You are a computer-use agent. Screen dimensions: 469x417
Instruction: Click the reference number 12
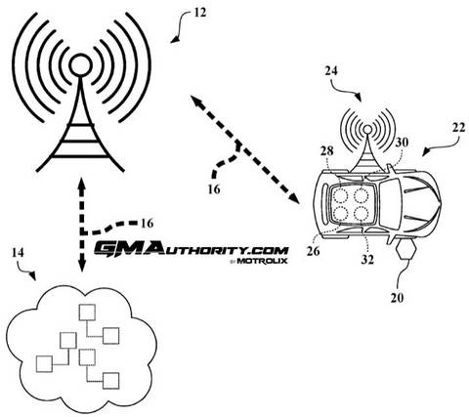tap(200, 13)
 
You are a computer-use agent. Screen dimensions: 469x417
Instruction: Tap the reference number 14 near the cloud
tap(18, 253)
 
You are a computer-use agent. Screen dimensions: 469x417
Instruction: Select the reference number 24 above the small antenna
tap(331, 71)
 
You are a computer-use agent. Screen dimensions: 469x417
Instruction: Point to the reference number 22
tap(458, 128)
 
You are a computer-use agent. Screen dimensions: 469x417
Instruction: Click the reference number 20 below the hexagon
tap(397, 298)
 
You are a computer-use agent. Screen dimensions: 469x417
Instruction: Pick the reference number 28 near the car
tap(326, 150)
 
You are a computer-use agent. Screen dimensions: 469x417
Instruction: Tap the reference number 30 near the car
tap(402, 143)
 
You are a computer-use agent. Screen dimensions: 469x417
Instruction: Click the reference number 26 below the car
tap(313, 251)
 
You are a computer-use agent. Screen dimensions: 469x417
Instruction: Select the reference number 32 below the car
tap(367, 260)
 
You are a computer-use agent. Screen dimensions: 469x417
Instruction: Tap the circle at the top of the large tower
tap(79, 65)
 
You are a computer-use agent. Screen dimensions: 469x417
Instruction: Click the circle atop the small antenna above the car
tap(367, 130)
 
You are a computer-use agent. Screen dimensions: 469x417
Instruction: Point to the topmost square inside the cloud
tap(87, 313)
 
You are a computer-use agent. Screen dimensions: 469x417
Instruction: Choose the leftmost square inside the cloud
tap(44, 364)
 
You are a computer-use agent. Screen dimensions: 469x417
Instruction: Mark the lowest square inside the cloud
tap(110, 381)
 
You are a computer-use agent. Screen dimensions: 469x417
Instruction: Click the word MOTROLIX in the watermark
tap(262, 261)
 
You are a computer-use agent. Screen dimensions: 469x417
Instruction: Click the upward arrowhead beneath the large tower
tap(81, 184)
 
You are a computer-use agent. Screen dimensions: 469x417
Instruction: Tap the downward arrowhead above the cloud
tap(81, 266)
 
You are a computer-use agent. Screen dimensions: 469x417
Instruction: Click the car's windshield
tap(390, 203)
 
